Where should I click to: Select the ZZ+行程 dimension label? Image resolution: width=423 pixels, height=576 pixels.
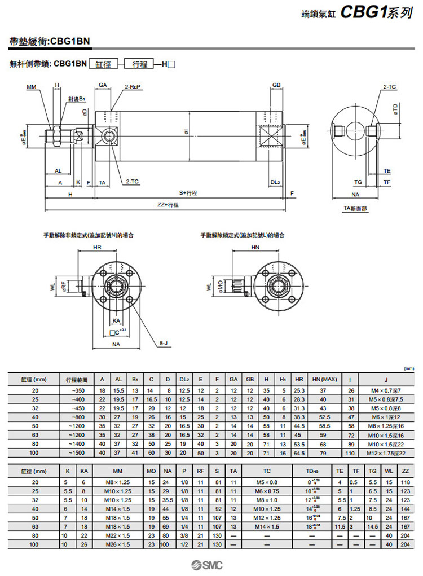point(168,204)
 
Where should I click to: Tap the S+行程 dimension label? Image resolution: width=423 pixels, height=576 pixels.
point(188,193)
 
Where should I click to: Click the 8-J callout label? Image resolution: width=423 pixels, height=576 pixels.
point(164,342)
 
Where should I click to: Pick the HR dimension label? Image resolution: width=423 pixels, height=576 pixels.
point(97,248)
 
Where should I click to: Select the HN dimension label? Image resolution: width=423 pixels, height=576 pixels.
point(255,248)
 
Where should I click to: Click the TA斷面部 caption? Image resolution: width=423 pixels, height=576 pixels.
point(355,208)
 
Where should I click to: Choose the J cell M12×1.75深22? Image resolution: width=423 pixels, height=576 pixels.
point(386,453)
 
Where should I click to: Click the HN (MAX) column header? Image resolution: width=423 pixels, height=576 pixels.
point(324,379)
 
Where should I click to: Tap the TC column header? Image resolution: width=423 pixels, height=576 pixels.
point(267,471)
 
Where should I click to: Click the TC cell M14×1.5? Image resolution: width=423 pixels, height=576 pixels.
point(267,526)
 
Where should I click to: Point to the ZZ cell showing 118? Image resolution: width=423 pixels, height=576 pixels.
point(404,482)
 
